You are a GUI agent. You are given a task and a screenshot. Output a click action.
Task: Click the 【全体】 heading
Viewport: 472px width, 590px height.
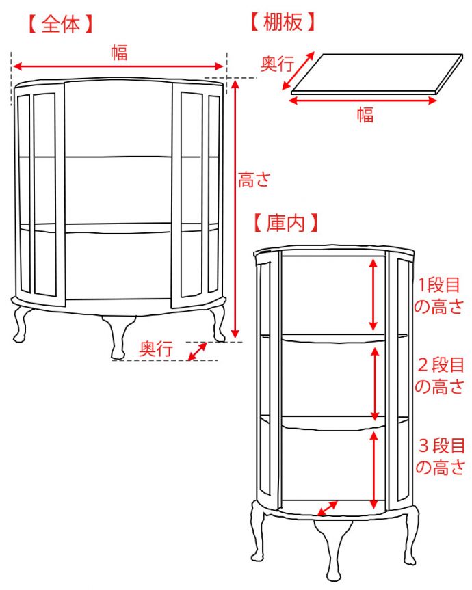pos(60,24)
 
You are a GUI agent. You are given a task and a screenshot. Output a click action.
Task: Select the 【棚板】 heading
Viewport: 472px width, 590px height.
pos(283,22)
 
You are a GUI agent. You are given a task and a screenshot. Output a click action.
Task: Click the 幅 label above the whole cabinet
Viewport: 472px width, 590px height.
pos(119,52)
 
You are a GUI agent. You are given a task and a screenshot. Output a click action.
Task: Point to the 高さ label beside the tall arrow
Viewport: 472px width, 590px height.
pos(254,180)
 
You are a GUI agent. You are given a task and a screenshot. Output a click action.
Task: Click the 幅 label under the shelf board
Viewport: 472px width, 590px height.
pos(365,115)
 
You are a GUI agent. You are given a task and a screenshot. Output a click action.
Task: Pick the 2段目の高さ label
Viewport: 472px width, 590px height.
pos(440,375)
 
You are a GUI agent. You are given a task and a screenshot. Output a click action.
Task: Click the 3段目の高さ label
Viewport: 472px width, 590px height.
pos(440,457)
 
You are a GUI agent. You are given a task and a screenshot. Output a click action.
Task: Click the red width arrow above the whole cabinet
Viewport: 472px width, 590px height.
pos(119,66)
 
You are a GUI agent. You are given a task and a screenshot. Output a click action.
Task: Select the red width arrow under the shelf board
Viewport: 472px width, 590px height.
pos(363,100)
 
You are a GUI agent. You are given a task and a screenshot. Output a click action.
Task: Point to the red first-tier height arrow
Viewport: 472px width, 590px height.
pos(373,293)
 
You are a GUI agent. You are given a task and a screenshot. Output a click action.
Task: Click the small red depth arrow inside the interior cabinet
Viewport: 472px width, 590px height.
pos(328,509)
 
